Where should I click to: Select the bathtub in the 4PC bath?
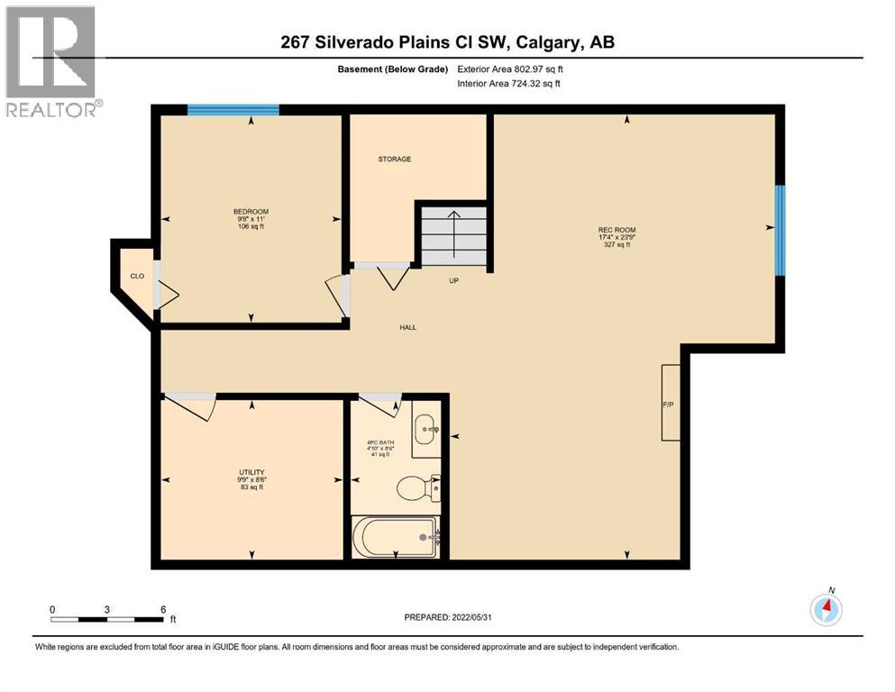(397, 537)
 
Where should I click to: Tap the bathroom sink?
(426, 430)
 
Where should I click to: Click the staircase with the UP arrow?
(453, 234)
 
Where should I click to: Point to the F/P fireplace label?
(669, 404)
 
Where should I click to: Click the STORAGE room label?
(394, 159)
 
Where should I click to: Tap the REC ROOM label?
(617, 230)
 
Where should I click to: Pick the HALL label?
(407, 327)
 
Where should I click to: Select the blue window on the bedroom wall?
(233, 110)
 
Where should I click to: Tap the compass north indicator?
(826, 609)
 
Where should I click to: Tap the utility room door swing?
(192, 408)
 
